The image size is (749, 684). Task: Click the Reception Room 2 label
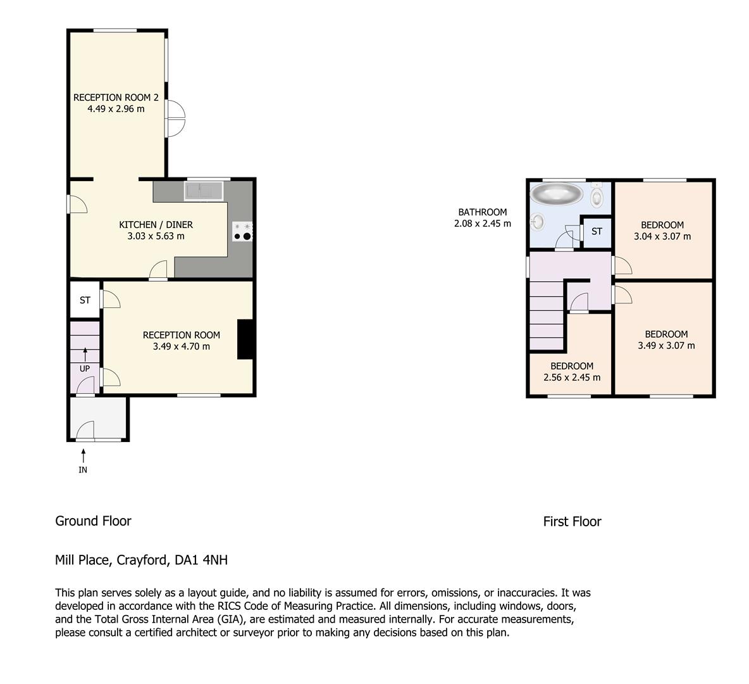click(116, 98)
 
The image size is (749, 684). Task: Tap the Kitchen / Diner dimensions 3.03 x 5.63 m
click(156, 236)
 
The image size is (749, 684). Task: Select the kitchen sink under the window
click(203, 191)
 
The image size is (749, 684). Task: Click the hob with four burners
click(243, 231)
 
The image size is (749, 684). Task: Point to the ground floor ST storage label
click(85, 300)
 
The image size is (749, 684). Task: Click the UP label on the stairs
click(84, 369)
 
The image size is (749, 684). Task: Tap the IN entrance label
click(83, 470)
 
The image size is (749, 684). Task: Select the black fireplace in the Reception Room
click(245, 339)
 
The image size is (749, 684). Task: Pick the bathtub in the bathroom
click(557, 194)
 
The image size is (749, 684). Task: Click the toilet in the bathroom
click(597, 197)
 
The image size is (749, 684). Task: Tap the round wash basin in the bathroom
click(538, 222)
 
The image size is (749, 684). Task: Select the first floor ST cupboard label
click(597, 232)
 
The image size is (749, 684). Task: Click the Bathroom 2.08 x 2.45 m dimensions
click(482, 224)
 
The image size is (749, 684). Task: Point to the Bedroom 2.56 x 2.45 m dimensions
click(572, 377)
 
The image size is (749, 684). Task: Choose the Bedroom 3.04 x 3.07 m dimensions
click(662, 236)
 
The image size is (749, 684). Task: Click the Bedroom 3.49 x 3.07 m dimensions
click(666, 346)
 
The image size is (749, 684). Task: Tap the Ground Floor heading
click(93, 521)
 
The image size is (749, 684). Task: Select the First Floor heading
click(572, 522)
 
